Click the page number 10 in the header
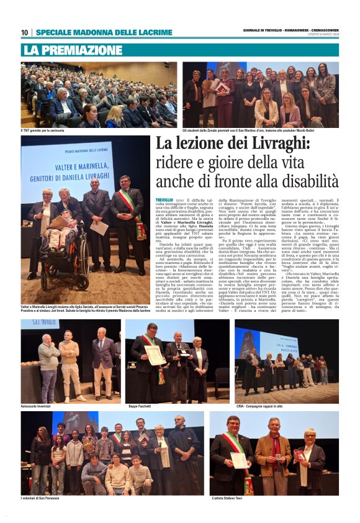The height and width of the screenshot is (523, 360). tap(24, 32)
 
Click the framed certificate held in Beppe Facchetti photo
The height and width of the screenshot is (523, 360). tap(153, 355)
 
